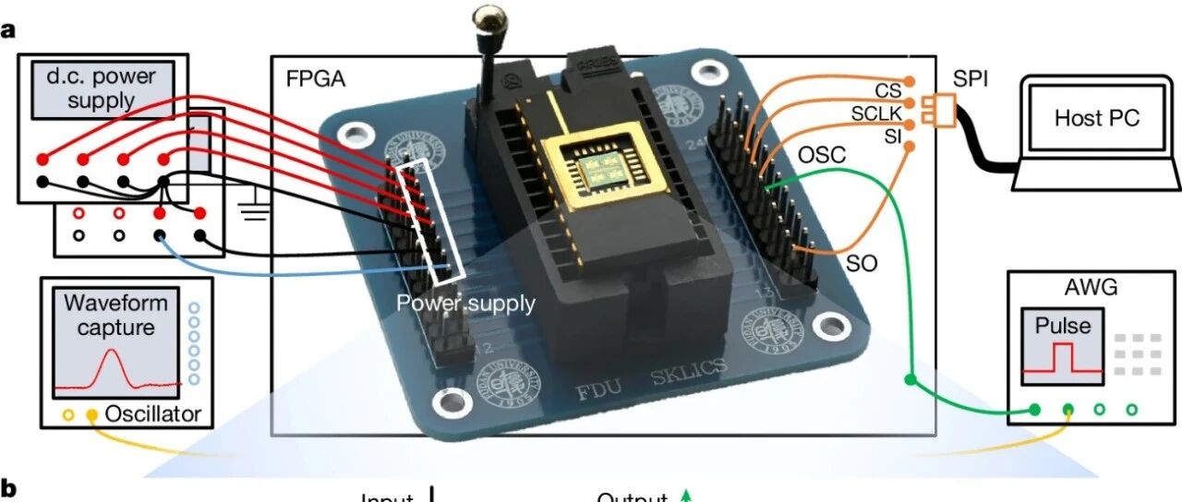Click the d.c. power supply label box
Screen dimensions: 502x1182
[100, 89]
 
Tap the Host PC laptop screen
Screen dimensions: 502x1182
[1096, 117]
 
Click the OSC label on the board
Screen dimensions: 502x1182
[819, 156]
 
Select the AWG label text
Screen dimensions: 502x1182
[1091, 288]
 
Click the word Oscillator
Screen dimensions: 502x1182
[152, 414]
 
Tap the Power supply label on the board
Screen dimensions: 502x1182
[465, 303]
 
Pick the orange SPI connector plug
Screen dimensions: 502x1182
[943, 109]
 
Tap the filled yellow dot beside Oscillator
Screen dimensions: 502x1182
[91, 415]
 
